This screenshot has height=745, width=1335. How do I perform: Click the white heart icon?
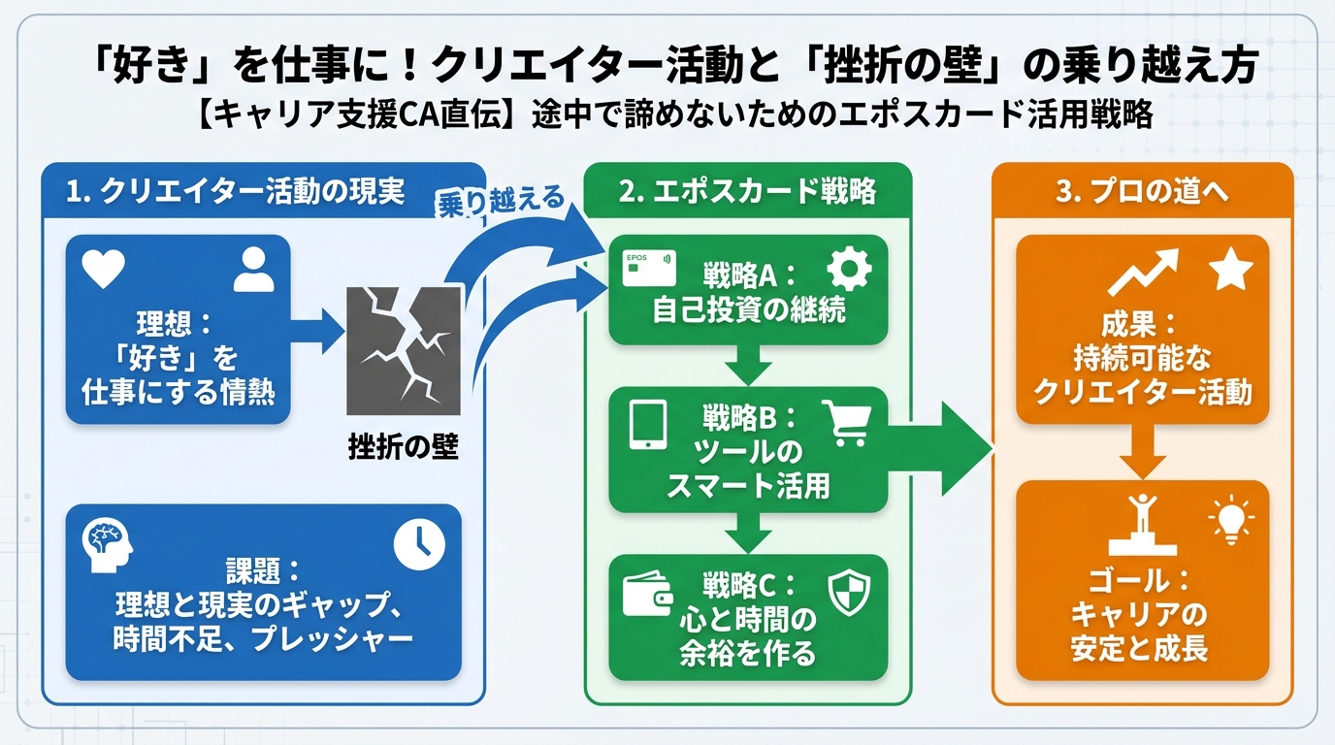tap(104, 270)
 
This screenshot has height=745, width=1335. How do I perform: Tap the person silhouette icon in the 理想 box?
tap(254, 270)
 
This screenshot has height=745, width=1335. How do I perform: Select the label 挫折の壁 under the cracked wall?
tap(403, 448)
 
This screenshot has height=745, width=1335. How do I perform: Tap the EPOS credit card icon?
tap(648, 269)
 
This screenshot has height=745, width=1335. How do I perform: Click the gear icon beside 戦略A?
tap(850, 269)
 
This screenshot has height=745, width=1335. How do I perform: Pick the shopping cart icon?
tap(845, 423)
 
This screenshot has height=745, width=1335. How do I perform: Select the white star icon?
tap(1231, 270)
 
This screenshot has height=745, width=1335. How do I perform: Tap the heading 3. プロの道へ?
tap(1142, 191)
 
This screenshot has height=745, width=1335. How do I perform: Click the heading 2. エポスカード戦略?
tap(747, 191)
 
